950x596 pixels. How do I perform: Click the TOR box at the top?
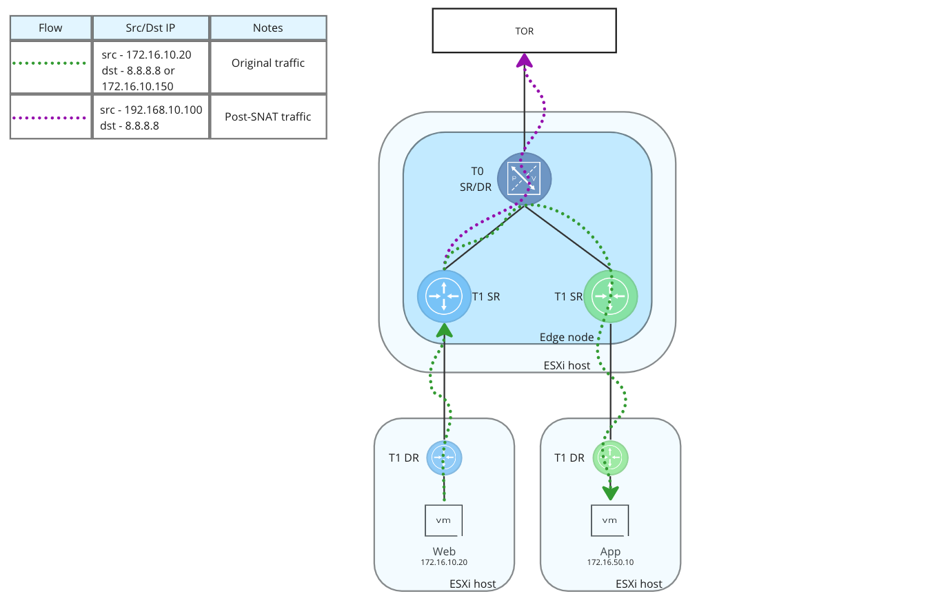[x=524, y=30]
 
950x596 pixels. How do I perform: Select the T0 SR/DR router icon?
[x=524, y=178]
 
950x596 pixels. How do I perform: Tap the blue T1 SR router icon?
[x=445, y=296]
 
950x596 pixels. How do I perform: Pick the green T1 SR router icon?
[x=611, y=296]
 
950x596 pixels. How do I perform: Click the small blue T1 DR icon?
[x=444, y=458]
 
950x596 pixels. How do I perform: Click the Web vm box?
[x=444, y=520]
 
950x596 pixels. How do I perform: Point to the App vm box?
[x=610, y=520]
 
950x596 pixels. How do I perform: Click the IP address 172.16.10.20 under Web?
[x=444, y=563]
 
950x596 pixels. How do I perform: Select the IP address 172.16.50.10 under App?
[x=610, y=563]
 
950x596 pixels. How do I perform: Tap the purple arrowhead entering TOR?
[x=525, y=62]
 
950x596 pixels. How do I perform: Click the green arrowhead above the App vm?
[x=610, y=493]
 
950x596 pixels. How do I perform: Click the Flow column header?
[x=51, y=28]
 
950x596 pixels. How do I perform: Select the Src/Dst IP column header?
[x=151, y=28]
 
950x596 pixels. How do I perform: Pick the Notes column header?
[x=268, y=28]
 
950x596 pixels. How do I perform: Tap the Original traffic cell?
[x=268, y=63]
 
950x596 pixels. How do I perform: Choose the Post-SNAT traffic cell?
[x=268, y=116]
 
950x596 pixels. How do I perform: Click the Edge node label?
[x=567, y=337]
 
